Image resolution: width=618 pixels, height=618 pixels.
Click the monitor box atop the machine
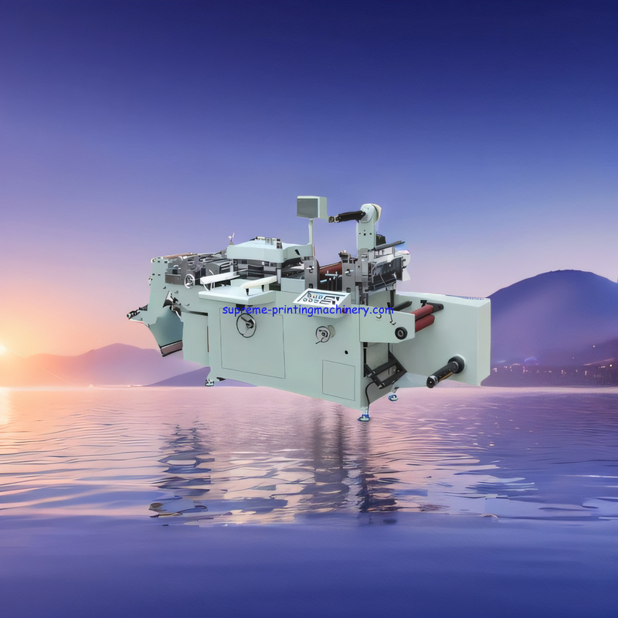[312, 206]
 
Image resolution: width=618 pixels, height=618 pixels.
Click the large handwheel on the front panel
[246, 325]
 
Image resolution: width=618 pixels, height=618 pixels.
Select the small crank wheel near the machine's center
[324, 334]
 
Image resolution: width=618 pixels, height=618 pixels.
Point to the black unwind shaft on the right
[446, 372]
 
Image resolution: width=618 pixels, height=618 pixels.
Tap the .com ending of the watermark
[382, 311]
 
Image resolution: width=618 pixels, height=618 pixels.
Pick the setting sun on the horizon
[2, 349]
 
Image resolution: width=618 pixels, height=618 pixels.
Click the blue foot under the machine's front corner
[364, 417]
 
